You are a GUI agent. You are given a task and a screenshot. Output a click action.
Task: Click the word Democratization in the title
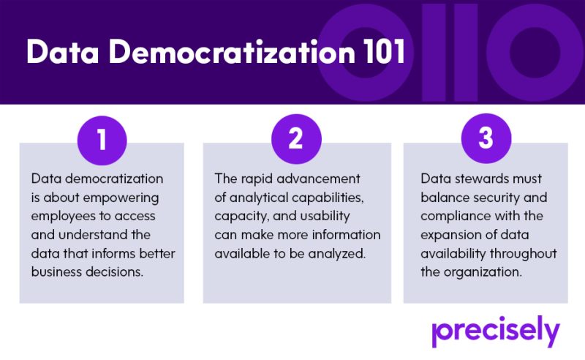(231, 52)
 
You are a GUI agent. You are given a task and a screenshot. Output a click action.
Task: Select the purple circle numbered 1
(102, 140)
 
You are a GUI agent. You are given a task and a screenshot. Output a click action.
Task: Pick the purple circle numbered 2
(296, 139)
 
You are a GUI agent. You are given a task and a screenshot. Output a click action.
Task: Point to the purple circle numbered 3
(486, 138)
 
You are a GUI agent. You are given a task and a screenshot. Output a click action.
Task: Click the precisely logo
(496, 331)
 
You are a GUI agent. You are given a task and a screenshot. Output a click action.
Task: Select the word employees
(63, 217)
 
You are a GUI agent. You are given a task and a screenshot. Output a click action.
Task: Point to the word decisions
(115, 272)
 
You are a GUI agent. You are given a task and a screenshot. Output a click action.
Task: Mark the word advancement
(319, 179)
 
